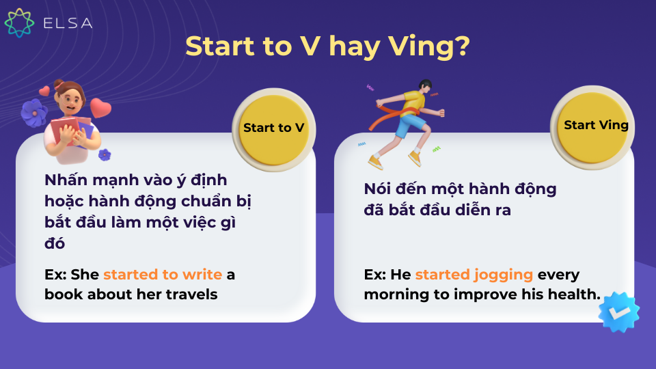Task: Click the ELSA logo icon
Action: pyautogui.click(x=19, y=23)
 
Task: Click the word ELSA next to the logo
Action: pyautogui.click(x=68, y=23)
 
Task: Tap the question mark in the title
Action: pyautogui.click(x=462, y=45)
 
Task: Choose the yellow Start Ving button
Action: pyautogui.click(x=592, y=127)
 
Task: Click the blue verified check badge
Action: pyautogui.click(x=619, y=312)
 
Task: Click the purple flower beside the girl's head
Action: pyautogui.click(x=34, y=113)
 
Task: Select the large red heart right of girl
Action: pyautogui.click(x=100, y=108)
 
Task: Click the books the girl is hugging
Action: pyautogui.click(x=71, y=131)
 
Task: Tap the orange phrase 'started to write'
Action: pyautogui.click(x=163, y=275)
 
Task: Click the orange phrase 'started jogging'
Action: pyautogui.click(x=474, y=275)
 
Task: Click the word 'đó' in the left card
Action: pyautogui.click(x=55, y=243)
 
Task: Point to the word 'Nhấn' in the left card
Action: pyautogui.click(x=66, y=180)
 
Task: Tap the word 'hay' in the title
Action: pyautogui.click(x=355, y=48)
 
